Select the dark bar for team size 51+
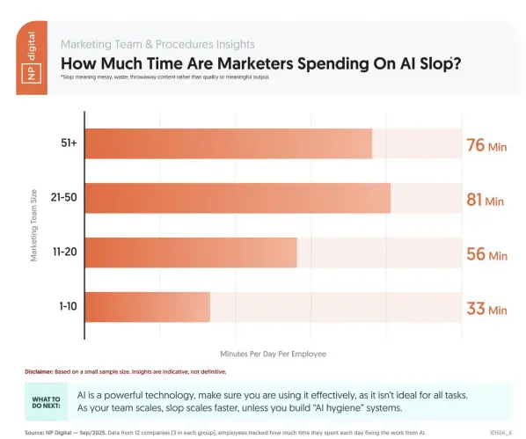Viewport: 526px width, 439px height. (x=228, y=144)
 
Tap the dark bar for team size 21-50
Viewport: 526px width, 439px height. (x=237, y=199)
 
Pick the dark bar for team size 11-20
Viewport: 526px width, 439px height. (x=191, y=253)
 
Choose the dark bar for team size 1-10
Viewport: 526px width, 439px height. (x=147, y=308)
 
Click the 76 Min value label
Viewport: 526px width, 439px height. (x=486, y=145)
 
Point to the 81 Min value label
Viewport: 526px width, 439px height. (x=485, y=200)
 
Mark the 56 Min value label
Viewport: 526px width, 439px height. (x=486, y=254)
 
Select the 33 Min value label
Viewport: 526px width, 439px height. (x=486, y=309)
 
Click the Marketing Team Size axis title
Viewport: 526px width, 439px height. (x=34, y=226)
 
